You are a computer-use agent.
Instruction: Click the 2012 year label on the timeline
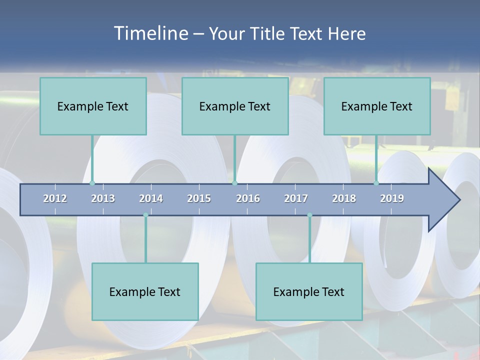(x=55, y=198)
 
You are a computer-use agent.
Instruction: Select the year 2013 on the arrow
(x=103, y=198)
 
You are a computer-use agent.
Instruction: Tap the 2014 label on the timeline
(x=151, y=198)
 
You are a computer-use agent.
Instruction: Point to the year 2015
(x=199, y=198)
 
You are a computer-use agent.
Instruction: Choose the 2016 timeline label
(x=248, y=198)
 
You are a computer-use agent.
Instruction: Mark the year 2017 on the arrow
(x=296, y=198)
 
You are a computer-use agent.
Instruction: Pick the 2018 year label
(x=344, y=198)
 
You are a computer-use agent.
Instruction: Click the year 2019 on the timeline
(x=392, y=198)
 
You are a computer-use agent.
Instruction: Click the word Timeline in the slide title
(x=150, y=33)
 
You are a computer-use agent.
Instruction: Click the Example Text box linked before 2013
(x=93, y=106)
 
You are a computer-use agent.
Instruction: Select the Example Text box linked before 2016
(x=235, y=106)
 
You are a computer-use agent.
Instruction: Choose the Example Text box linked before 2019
(x=377, y=106)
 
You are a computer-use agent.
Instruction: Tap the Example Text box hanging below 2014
(x=145, y=291)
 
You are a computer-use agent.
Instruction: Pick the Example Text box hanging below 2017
(x=309, y=291)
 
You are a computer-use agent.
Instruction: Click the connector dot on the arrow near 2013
(x=92, y=183)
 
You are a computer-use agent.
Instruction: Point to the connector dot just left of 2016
(x=234, y=183)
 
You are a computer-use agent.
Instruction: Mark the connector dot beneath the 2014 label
(x=145, y=215)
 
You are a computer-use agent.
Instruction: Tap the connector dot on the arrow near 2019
(x=376, y=183)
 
